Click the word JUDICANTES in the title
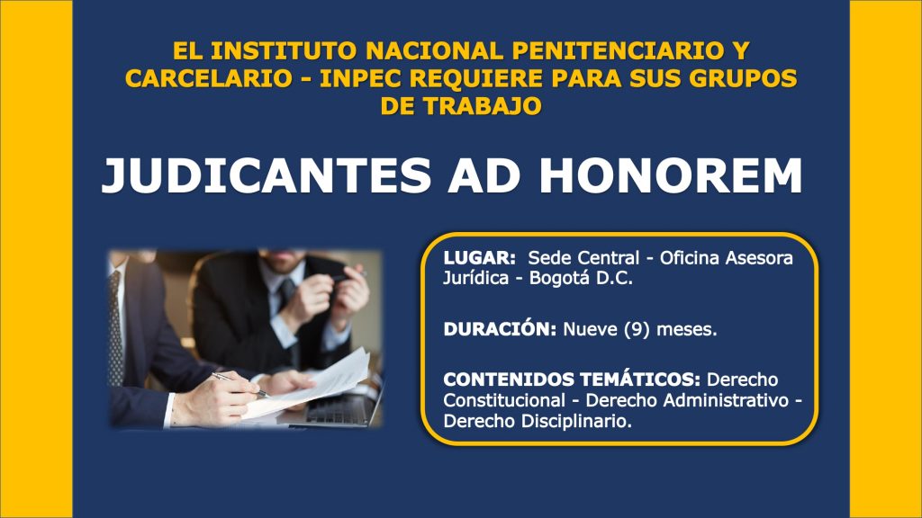pyautogui.click(x=266, y=175)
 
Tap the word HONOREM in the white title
pyautogui.click(x=671, y=175)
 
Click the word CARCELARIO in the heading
pyautogui.click(x=209, y=78)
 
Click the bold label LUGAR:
pyautogui.click(x=480, y=258)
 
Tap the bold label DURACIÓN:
pyautogui.click(x=500, y=329)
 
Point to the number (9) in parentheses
pyautogui.click(x=637, y=329)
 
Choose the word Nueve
pyautogui.click(x=590, y=329)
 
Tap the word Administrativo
pyautogui.click(x=687, y=400)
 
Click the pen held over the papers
pyautogui.click(x=240, y=384)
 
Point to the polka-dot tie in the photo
pyautogui.click(x=115, y=329)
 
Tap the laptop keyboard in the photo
pyautogui.click(x=339, y=408)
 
